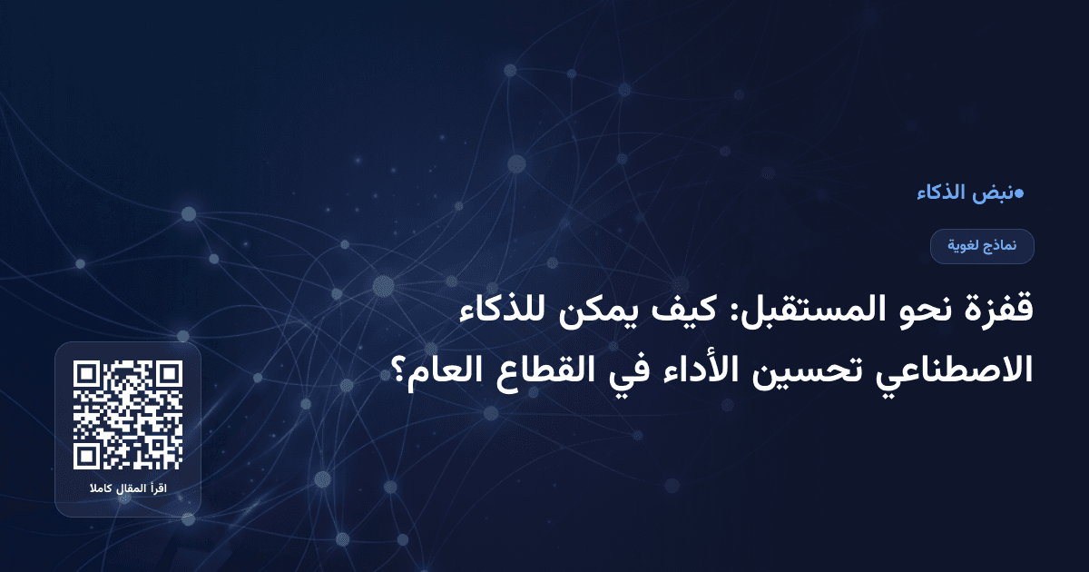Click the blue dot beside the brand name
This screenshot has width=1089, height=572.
(1020, 192)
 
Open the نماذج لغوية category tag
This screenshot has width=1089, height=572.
(982, 246)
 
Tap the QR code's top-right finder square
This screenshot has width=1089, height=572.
(169, 374)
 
